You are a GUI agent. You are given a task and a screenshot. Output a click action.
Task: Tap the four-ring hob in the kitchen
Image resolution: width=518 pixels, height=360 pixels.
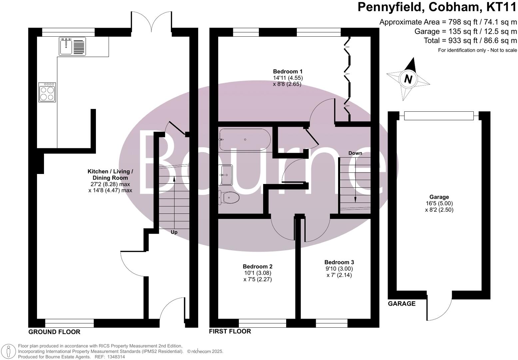47,92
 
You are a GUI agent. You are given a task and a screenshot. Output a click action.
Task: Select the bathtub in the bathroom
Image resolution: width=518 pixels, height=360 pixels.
245,140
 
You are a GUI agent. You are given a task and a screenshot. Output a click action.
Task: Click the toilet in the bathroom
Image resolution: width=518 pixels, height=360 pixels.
230,198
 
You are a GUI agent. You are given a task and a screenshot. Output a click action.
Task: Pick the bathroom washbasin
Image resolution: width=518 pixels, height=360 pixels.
226,175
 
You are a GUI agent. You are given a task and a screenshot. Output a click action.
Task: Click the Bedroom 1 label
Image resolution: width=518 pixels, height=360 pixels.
287,71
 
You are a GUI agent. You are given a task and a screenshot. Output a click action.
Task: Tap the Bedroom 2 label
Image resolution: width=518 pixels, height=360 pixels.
258,266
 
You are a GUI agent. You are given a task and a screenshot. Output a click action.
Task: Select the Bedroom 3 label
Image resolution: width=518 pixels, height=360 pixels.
339,262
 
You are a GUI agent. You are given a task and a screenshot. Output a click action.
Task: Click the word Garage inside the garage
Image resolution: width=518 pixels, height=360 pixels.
439,197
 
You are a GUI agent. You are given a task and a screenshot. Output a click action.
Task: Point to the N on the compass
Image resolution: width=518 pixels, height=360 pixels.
408,79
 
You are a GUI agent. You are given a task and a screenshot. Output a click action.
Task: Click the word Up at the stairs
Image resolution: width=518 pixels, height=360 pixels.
174,232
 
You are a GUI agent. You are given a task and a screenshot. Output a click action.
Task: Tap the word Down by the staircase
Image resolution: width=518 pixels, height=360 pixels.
355,153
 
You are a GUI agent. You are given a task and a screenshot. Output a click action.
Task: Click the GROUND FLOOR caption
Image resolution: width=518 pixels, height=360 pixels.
54,332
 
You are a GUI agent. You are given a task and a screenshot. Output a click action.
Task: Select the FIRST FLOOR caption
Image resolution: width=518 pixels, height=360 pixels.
230,331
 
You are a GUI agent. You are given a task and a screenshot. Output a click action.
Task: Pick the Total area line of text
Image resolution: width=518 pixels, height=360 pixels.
470,41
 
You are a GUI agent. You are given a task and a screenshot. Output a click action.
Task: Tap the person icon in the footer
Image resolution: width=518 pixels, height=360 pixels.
9,352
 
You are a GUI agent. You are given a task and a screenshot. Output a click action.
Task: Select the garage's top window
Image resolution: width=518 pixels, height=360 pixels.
438,116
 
